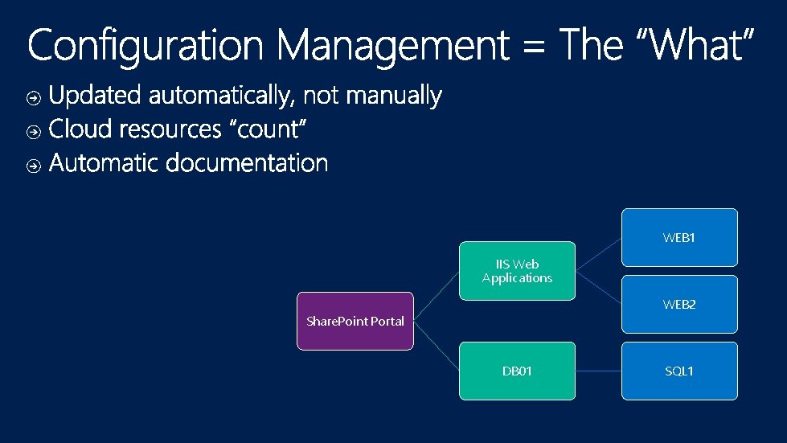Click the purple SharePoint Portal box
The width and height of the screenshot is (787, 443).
[x=355, y=321]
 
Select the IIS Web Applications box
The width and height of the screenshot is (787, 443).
[x=517, y=271]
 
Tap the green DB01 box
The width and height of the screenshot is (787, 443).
[x=517, y=371]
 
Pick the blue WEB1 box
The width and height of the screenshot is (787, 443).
[x=679, y=237]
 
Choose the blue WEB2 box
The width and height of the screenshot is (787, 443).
[x=679, y=304]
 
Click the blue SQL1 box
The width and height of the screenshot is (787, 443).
[x=679, y=371]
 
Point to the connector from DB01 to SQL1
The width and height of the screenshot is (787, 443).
[x=598, y=371]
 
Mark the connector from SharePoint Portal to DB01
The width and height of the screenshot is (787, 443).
[x=437, y=346]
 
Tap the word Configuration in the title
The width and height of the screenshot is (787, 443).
[x=145, y=47]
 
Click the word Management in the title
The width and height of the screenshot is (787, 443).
[x=393, y=47]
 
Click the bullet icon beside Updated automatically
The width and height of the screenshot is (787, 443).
[x=34, y=98]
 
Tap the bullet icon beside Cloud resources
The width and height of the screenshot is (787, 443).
[x=34, y=131]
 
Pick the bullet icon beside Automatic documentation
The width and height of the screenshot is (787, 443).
[x=34, y=166]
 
